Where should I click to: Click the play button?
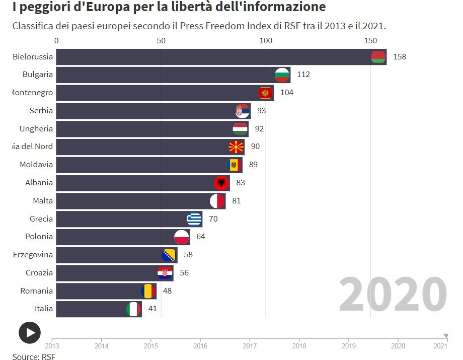tap(30, 332)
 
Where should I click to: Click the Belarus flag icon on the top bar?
tap(378, 57)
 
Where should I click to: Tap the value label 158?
tap(400, 57)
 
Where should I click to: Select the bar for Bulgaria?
tap(166, 75)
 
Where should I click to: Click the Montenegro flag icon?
tap(265, 93)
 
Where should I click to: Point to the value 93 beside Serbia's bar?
tap(261, 111)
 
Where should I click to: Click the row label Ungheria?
tap(36, 129)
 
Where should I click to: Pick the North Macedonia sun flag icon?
tap(237, 147)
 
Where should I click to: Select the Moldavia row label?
tap(36, 165)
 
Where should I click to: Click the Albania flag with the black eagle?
tap(221, 183)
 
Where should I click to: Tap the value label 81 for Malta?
tap(237, 201)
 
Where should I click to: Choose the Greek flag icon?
tap(194, 219)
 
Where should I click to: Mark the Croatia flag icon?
tap(165, 273)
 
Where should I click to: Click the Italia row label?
tap(43, 309)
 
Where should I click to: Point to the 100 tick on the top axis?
tap(266, 41)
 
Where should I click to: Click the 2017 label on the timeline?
tap(250, 346)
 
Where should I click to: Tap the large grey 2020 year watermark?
tap(393, 295)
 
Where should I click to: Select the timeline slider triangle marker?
tap(445, 336)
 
